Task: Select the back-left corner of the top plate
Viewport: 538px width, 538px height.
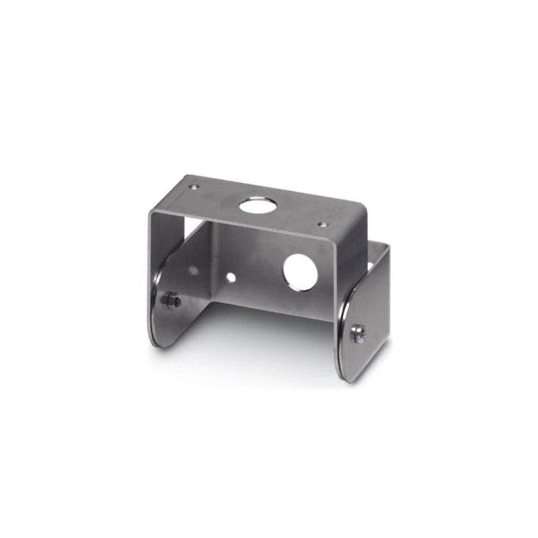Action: click(186, 177)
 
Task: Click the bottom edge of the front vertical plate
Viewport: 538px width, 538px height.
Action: click(269, 309)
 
